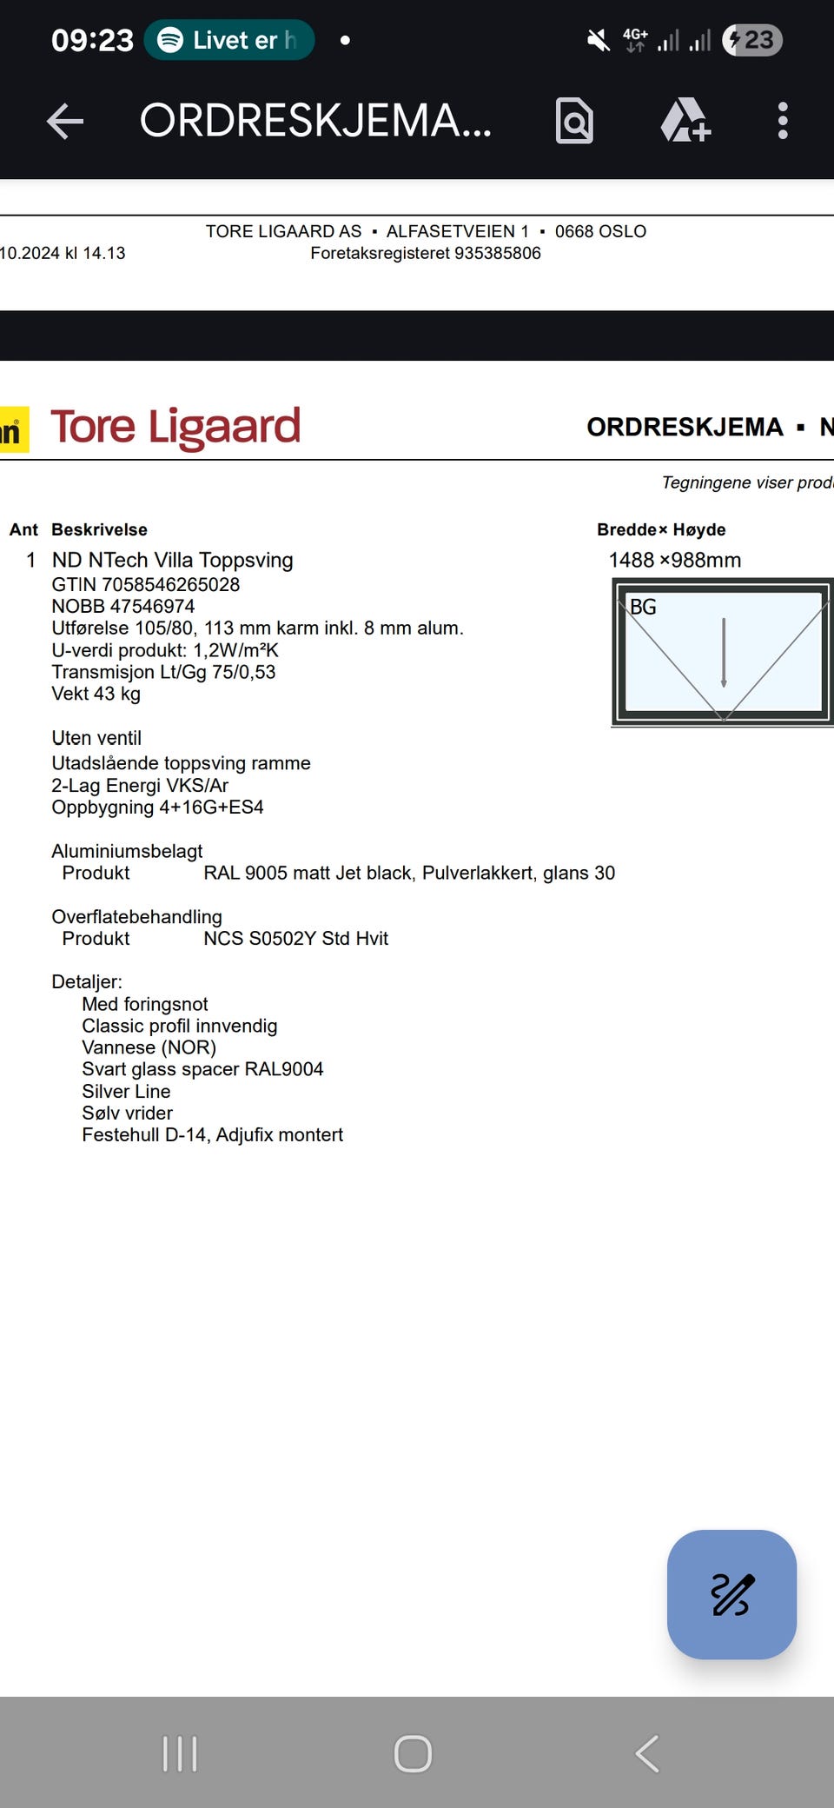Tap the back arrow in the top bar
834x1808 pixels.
click(65, 121)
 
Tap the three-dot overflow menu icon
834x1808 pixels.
click(783, 121)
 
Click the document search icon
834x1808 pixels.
click(574, 121)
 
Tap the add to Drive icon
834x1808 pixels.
click(685, 121)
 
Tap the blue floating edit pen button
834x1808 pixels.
click(731, 1594)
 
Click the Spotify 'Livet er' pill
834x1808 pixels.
click(229, 40)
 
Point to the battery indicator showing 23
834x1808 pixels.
click(752, 40)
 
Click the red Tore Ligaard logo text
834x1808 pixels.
click(175, 427)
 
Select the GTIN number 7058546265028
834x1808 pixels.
click(170, 584)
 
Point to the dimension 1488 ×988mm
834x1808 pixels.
click(675, 560)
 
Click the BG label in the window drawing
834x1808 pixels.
click(643, 607)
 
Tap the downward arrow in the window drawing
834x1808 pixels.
click(724, 652)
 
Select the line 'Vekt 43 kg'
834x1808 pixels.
click(96, 694)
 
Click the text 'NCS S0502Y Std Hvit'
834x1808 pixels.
click(295, 938)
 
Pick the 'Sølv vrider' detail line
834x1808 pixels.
click(127, 1113)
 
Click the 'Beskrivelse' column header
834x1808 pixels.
click(99, 529)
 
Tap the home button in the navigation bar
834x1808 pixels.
click(413, 1753)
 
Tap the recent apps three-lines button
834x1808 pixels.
click(180, 1753)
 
